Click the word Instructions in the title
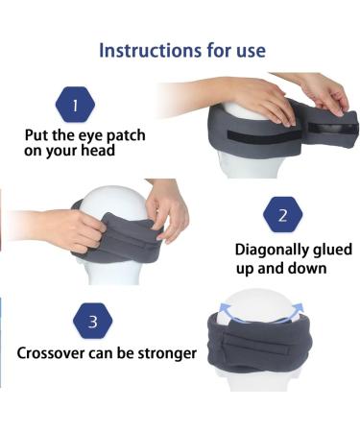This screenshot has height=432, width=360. pyautogui.click(x=142, y=49)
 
